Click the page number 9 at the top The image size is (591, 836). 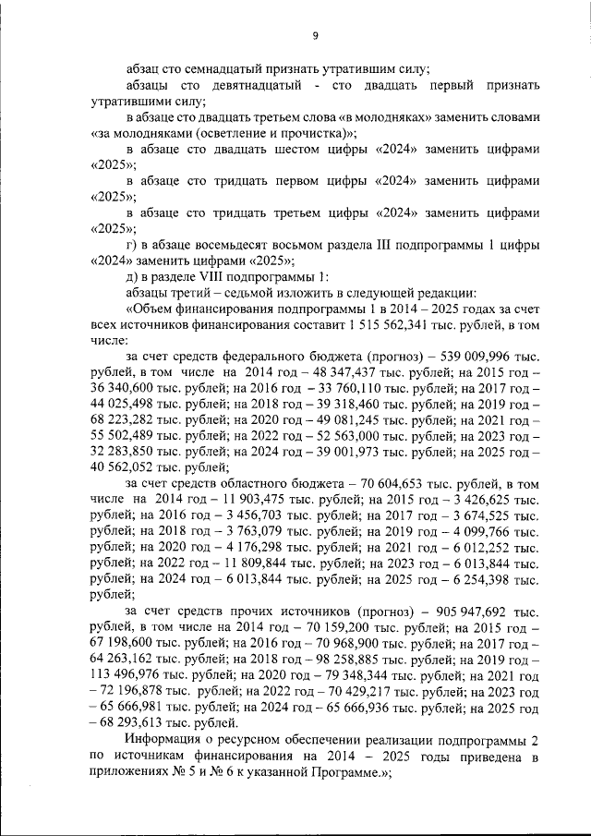coord(314,35)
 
